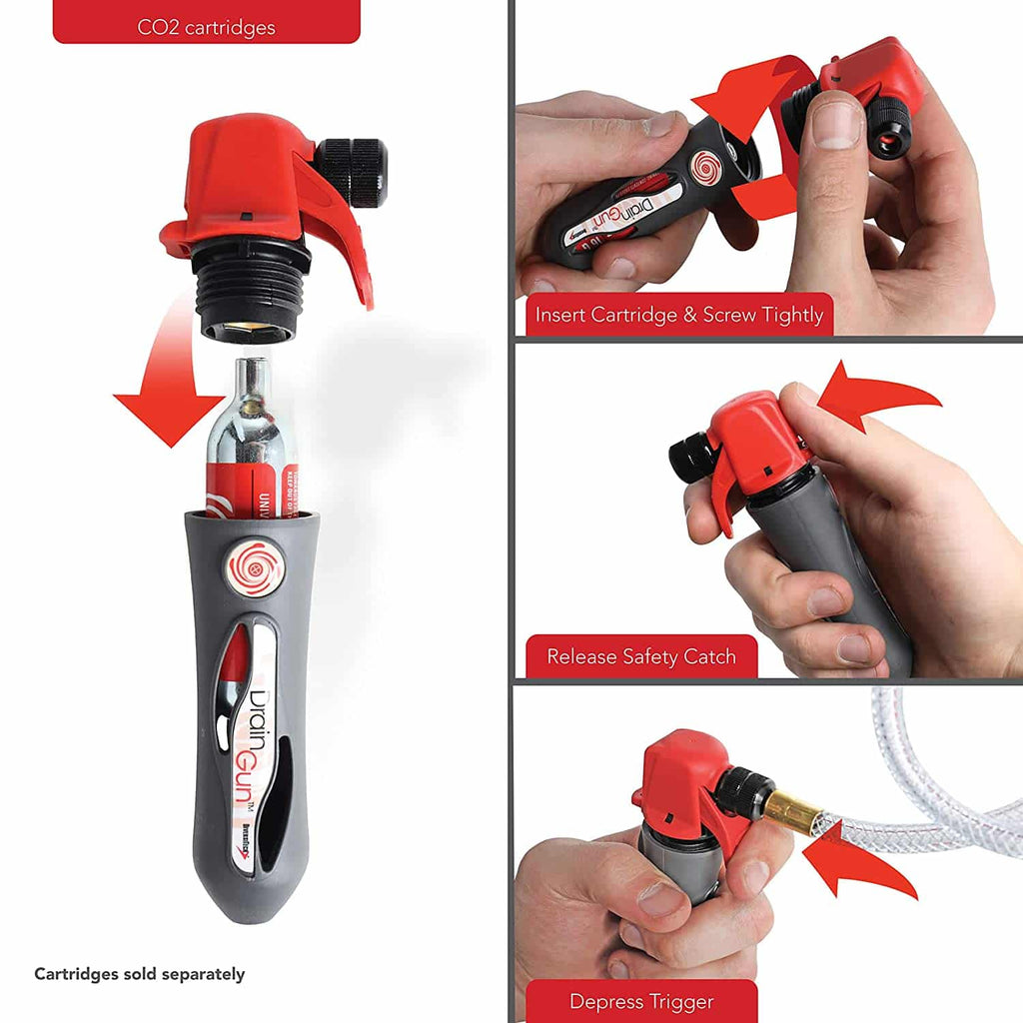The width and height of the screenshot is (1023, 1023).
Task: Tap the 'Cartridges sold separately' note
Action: (139, 974)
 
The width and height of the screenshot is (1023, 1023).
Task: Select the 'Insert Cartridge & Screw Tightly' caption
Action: (678, 315)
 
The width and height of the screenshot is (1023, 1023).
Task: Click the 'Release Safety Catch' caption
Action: (640, 656)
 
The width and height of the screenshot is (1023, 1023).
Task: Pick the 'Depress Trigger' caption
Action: (641, 1000)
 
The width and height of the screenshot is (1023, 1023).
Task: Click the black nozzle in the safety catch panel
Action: (691, 458)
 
